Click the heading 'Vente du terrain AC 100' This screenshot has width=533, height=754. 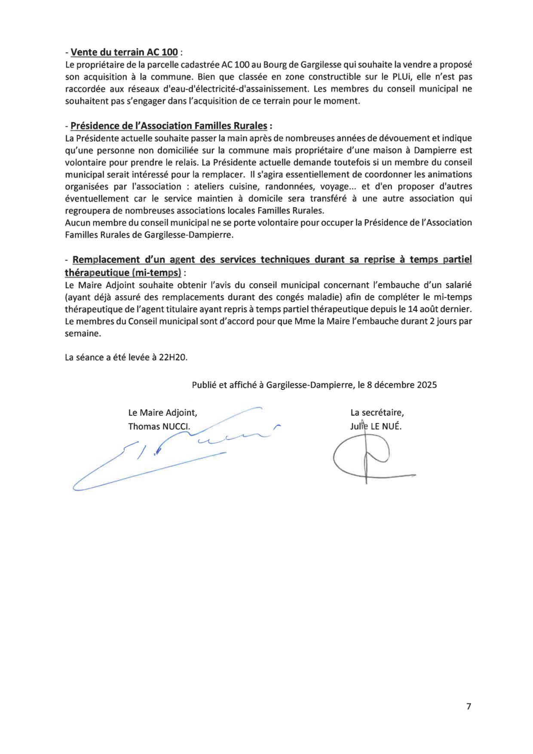(x=124, y=52)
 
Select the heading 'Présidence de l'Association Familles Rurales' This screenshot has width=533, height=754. (x=168, y=126)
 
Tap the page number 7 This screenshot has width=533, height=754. (x=469, y=706)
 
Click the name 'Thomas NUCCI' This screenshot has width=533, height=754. (x=159, y=426)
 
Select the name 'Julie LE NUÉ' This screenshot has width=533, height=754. (x=376, y=426)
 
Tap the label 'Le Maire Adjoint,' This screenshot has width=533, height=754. (x=162, y=413)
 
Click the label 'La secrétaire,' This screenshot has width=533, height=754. (x=377, y=413)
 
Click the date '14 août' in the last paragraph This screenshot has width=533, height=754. (x=420, y=309)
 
